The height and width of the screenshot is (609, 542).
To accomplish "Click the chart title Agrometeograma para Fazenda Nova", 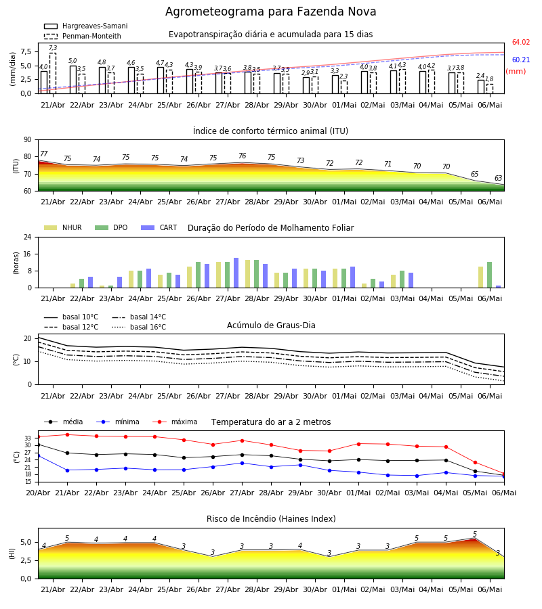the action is pyautogui.click(x=270, y=12).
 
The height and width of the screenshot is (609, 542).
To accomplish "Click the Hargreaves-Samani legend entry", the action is pyautogui.click(x=86, y=26).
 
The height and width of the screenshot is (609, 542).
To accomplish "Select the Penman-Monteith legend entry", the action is pyautogui.click(x=83, y=36).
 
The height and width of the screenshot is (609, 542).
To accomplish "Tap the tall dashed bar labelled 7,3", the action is pyautogui.click(x=53, y=73).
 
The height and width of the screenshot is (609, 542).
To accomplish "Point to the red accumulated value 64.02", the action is pyautogui.click(x=521, y=43).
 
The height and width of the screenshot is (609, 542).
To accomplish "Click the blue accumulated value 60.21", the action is pyautogui.click(x=521, y=60).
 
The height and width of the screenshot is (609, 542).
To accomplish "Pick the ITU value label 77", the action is pyautogui.click(x=44, y=154).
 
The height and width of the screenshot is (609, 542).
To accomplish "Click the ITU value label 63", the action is pyautogui.click(x=499, y=178).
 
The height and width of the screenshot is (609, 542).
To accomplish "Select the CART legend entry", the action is pyautogui.click(x=159, y=227).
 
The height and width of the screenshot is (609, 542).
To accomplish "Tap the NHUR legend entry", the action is pyautogui.click(x=63, y=227).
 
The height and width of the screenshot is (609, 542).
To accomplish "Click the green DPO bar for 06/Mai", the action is pyautogui.click(x=490, y=275).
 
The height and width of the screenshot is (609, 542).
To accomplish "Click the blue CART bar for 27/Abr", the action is pyautogui.click(x=236, y=273).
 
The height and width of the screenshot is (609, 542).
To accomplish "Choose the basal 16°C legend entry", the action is pyautogui.click(x=139, y=327).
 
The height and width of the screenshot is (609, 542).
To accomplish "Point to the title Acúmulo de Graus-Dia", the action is pyautogui.click(x=271, y=325).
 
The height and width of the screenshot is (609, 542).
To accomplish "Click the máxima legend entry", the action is pyautogui.click(x=175, y=422).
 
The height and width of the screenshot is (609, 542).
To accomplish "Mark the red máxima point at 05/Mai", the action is pyautogui.click(x=475, y=463).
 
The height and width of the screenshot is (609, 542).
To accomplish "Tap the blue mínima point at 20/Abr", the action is pyautogui.click(x=38, y=455).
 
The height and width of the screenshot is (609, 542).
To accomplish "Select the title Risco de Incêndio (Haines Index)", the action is pyautogui.click(x=271, y=519).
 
